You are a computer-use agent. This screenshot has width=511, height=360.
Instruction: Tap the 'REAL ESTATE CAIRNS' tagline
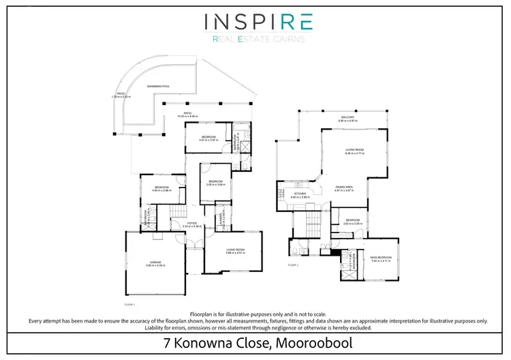click(x=258, y=40)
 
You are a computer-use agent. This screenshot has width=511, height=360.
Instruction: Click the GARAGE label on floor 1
click(x=155, y=263)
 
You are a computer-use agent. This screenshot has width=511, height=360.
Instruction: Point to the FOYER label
click(x=193, y=224)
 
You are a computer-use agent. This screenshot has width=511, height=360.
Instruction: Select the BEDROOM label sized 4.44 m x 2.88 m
click(x=162, y=189)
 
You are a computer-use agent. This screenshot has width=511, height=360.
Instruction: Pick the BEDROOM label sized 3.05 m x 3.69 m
click(x=217, y=183)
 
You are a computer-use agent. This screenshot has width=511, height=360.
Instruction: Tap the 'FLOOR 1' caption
click(x=130, y=304)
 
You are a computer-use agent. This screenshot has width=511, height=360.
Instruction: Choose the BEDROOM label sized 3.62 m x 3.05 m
click(x=352, y=222)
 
